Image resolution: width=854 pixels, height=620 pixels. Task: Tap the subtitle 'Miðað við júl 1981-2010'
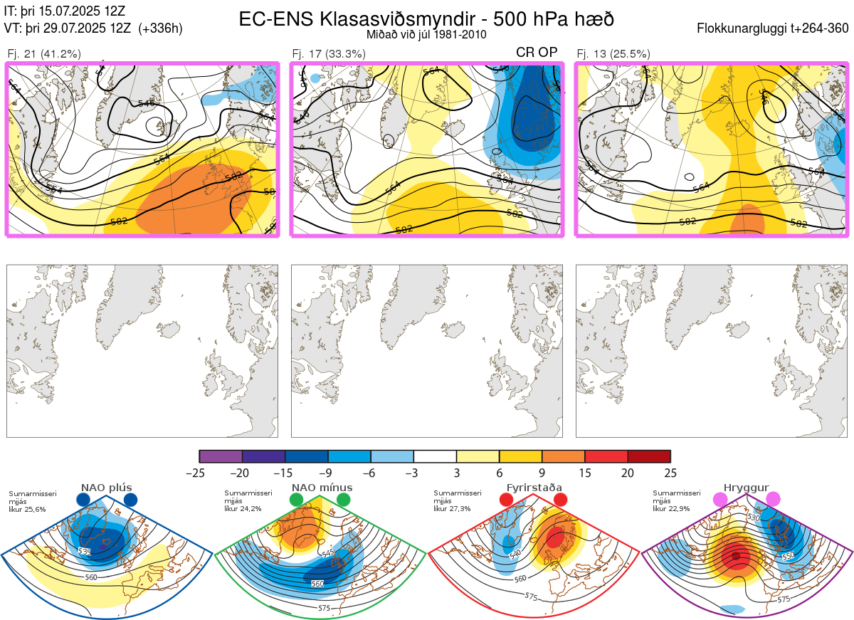(x=426, y=34)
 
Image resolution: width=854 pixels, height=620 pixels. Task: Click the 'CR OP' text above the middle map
(x=537, y=52)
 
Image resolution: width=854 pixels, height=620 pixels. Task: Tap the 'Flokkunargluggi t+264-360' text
(x=774, y=29)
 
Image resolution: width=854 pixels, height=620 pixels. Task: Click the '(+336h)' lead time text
(x=161, y=29)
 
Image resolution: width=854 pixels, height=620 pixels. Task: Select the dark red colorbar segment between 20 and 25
(x=649, y=456)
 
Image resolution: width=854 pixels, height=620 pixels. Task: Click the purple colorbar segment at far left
(x=221, y=456)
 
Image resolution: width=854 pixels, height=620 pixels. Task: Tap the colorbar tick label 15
(x=585, y=473)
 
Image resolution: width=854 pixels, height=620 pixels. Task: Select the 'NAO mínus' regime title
(x=322, y=488)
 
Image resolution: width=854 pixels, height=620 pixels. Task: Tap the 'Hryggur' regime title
(x=747, y=488)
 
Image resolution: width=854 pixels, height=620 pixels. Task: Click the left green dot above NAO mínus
(x=297, y=500)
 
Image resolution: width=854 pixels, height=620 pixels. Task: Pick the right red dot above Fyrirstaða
(x=559, y=500)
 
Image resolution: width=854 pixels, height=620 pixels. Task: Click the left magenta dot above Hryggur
(x=720, y=500)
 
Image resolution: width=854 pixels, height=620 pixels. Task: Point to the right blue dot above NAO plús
(x=130, y=500)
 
